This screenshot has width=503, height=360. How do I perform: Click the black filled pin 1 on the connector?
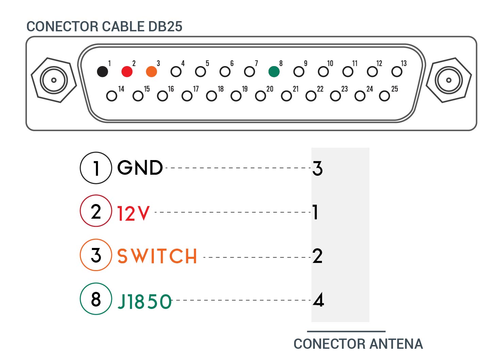tap(102, 72)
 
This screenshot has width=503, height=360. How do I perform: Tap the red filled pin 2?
tap(127, 72)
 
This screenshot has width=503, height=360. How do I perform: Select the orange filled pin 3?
tap(151, 72)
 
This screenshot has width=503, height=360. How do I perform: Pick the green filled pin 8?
tap(274, 72)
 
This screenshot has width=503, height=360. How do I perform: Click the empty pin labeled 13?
tap(397, 72)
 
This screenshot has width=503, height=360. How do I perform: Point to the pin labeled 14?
tap(112, 96)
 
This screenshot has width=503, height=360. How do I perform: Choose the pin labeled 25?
tap(385, 96)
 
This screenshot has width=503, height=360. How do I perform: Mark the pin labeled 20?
tap(260, 96)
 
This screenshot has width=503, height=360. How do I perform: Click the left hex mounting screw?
tap(54, 80)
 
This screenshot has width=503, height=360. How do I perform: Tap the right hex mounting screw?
tap(449, 80)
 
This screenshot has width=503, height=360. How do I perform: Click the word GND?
tap(140, 168)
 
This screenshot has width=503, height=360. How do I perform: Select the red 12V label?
tap(133, 214)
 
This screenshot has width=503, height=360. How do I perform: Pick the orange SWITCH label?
tap(157, 256)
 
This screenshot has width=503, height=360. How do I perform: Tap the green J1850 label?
tap(145, 301)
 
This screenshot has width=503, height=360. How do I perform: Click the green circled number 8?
tap(96, 299)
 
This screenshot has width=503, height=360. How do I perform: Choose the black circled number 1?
tap(96, 168)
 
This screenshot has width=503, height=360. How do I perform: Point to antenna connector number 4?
tap(318, 300)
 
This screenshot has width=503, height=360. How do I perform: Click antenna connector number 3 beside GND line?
tap(317, 168)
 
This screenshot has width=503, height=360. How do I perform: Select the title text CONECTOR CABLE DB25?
tap(104, 27)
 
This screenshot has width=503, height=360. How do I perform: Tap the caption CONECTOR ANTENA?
tap(358, 344)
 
